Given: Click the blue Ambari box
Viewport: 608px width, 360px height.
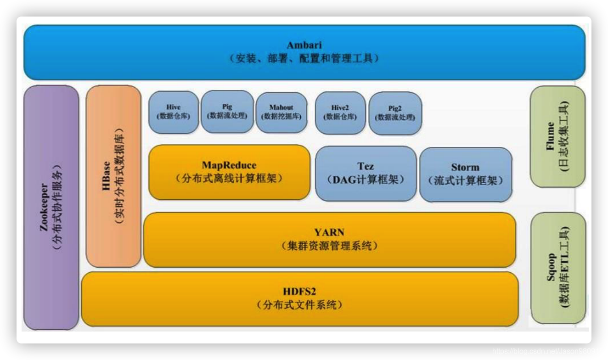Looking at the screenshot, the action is [304, 52].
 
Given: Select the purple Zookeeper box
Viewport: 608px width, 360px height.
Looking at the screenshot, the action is [51, 208].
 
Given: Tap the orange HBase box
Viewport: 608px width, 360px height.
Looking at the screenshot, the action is [113, 176].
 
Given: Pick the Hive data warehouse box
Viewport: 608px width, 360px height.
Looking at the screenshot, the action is [174, 112].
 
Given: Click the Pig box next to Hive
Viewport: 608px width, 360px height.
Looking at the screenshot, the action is [227, 112].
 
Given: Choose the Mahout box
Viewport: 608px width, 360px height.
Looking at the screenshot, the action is [281, 112].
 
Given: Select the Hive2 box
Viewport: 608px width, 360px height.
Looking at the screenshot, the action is [340, 112].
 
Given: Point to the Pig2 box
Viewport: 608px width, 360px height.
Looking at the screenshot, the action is [395, 113].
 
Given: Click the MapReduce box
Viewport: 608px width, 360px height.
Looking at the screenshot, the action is [229, 172].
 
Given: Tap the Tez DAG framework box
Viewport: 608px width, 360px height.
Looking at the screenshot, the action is [366, 174].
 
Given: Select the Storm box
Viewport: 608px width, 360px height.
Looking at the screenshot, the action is [465, 174].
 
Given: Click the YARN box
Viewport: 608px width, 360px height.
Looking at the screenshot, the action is [329, 239].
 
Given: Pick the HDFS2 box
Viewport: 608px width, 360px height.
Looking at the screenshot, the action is [299, 298].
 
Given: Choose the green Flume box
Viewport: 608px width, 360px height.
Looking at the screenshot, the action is [557, 136].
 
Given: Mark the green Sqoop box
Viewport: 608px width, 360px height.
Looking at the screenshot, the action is [558, 268].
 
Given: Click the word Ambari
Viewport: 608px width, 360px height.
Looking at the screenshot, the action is [304, 45].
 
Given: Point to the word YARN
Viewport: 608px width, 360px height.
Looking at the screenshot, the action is [329, 232].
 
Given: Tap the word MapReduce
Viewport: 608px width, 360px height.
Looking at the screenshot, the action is [229, 165].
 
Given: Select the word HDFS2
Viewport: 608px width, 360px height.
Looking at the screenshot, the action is [299, 292].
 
